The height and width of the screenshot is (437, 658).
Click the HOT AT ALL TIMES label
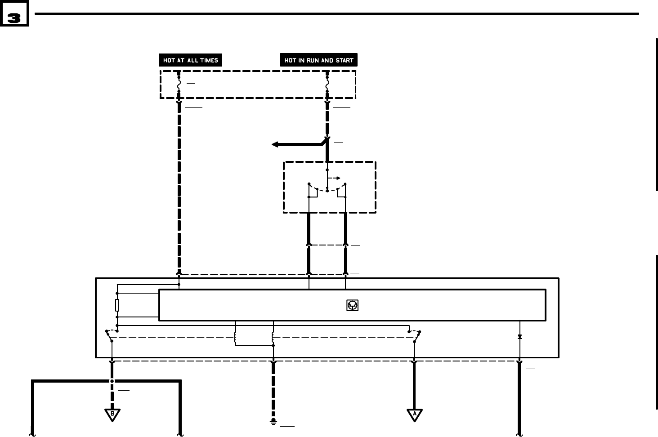190,60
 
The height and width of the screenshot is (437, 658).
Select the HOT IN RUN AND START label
318,60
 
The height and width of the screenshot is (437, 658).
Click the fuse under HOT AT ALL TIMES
179,84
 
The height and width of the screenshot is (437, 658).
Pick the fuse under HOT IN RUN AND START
327,84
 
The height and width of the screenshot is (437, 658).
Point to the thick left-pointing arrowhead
275,144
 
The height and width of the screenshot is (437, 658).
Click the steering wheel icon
352,305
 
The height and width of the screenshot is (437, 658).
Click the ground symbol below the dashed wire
273,421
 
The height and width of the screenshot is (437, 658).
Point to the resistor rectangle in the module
117,305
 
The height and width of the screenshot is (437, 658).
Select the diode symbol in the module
519,337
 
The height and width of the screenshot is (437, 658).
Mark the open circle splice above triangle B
112,381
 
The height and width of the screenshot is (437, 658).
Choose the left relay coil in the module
235,339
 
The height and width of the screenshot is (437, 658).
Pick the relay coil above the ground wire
273,339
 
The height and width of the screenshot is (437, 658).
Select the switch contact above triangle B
109,337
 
